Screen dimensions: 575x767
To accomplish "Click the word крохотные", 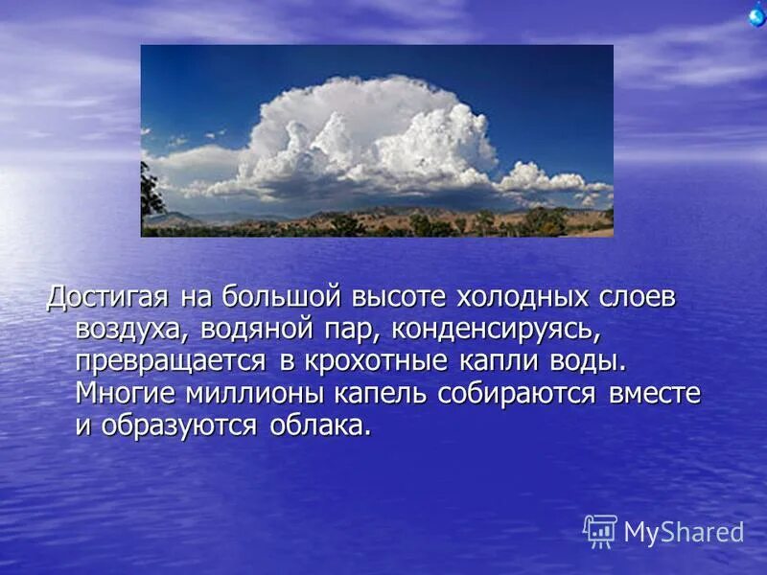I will (x=378, y=362).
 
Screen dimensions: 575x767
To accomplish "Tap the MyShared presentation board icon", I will (x=600, y=531).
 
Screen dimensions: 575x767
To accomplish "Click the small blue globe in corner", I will (x=757, y=15).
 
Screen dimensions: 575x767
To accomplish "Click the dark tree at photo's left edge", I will (x=151, y=196).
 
